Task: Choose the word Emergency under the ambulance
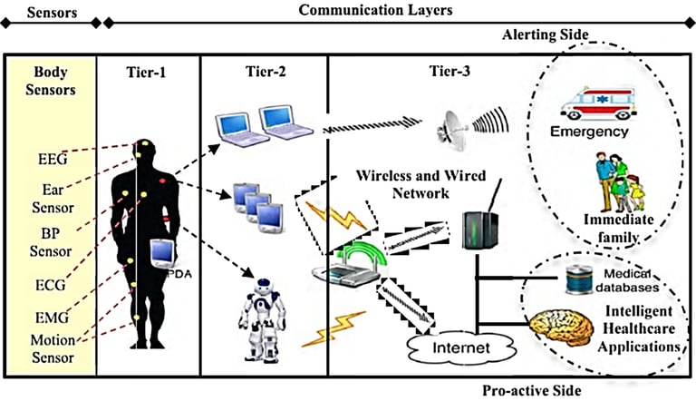(589, 132)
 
